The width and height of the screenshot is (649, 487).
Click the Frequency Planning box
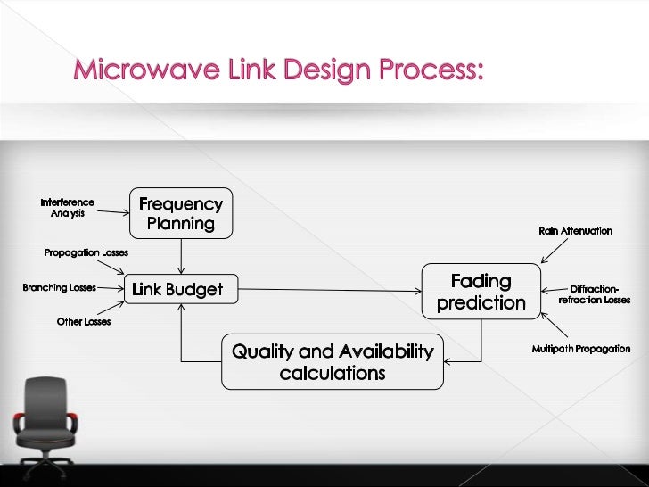click(x=181, y=214)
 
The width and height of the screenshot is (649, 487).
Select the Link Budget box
click(x=177, y=289)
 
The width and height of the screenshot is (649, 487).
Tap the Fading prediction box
click(x=481, y=292)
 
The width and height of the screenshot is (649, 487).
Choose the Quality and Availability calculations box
click(x=332, y=361)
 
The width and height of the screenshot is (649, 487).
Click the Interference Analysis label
click(x=67, y=208)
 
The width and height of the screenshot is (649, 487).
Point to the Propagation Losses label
click(x=86, y=253)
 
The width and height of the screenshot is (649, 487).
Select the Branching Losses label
click(x=60, y=288)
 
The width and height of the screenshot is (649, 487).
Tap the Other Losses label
click(x=84, y=321)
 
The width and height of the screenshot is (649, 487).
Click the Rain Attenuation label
click(x=575, y=231)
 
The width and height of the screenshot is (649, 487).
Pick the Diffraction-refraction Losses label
click(x=594, y=294)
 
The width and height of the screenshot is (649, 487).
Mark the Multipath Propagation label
click(x=581, y=349)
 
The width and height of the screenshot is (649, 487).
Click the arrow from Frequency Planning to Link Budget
click(x=181, y=256)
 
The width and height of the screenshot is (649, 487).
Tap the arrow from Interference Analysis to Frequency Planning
click(x=113, y=212)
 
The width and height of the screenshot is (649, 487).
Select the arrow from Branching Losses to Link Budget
click(x=111, y=288)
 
